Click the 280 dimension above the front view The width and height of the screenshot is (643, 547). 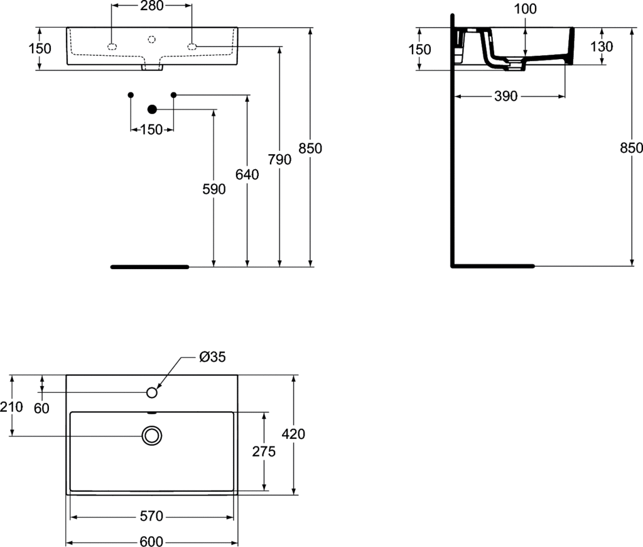(151, 6)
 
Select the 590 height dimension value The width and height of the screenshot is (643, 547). (214, 189)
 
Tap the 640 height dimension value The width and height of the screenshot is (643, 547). (247, 175)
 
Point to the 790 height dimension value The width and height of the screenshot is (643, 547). (279, 160)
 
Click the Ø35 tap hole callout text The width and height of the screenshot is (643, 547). (212, 357)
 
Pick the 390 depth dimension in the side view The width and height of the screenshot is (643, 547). (505, 96)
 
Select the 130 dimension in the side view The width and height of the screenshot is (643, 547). (602, 47)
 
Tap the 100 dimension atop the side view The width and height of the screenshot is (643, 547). (525, 9)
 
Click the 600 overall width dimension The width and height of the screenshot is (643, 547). (151, 541)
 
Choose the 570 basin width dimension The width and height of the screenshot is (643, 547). (151, 517)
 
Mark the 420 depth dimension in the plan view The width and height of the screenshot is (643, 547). (294, 434)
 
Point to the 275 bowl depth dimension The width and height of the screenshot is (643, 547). (264, 451)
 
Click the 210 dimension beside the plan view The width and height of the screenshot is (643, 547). (11, 407)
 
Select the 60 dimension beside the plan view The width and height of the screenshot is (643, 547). (41, 408)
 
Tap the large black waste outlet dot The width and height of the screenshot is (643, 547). (151, 109)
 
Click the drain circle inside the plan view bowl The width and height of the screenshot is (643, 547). (151, 435)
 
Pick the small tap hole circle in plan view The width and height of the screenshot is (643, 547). (151, 392)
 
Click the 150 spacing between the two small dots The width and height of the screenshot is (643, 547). (151, 130)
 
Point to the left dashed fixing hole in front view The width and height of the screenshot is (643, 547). (112, 47)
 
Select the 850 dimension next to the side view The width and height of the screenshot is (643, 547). (631, 148)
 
